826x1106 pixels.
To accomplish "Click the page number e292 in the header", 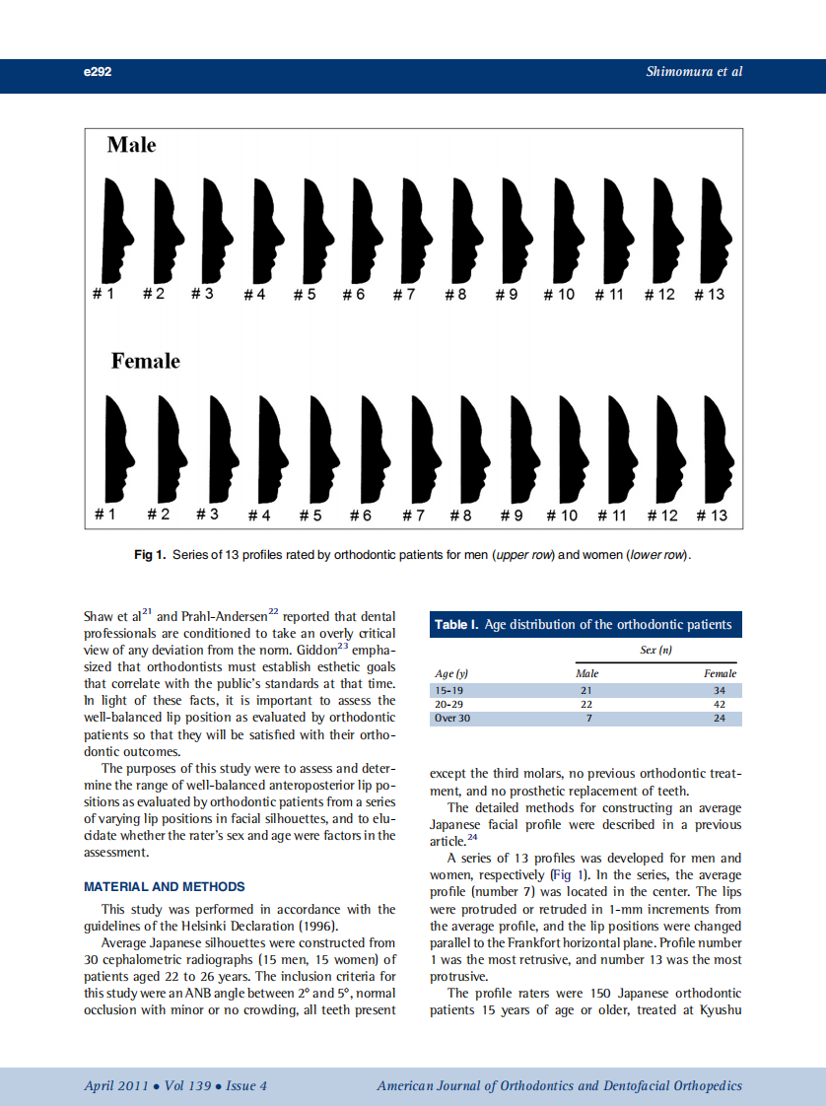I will pyautogui.click(x=98, y=72).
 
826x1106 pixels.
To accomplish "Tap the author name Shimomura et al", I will pyautogui.click(x=694, y=72).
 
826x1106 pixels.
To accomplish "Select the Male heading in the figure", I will pyautogui.click(x=131, y=145).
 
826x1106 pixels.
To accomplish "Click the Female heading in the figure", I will pyautogui.click(x=145, y=361).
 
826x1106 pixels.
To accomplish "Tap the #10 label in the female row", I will pyautogui.click(x=562, y=516).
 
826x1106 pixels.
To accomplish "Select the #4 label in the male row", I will pyautogui.click(x=254, y=294).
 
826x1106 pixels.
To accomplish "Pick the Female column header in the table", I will pyautogui.click(x=720, y=673).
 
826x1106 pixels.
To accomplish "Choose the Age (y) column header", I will pyautogui.click(x=451, y=673).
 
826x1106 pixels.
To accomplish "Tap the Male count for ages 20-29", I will pyautogui.click(x=586, y=704).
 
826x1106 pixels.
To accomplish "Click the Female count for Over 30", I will pyautogui.click(x=720, y=718).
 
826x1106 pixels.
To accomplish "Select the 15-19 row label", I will pyautogui.click(x=448, y=690).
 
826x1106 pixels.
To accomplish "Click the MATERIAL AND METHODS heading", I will pyautogui.click(x=165, y=887).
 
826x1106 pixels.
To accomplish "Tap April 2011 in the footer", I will pyautogui.click(x=115, y=1086).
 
